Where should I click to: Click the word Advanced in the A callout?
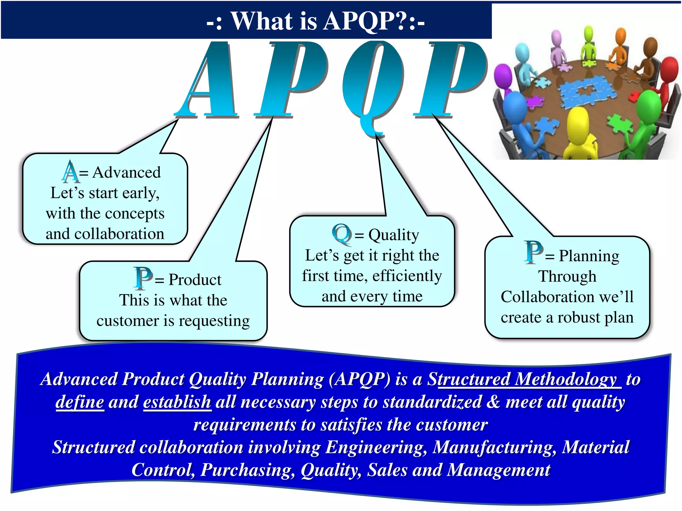(127, 172)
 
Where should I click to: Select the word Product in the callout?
(195, 279)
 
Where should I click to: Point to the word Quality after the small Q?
(393, 235)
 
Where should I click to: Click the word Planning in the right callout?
(589, 256)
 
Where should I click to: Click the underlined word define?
(80, 402)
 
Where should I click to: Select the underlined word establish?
(177, 402)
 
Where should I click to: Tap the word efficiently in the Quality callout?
(407, 276)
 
